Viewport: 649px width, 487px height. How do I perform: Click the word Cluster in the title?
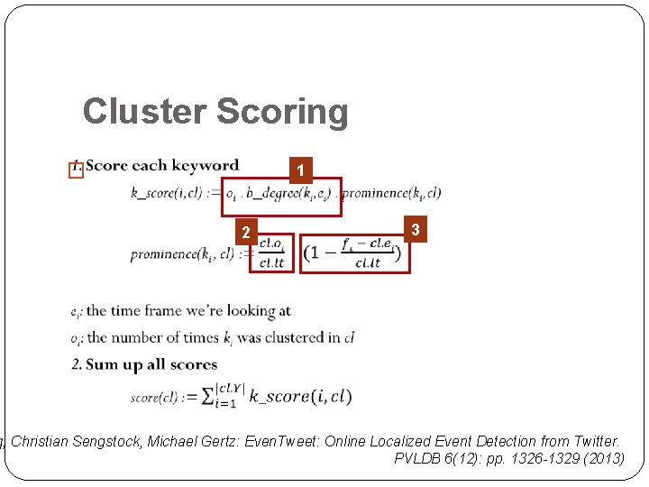pos(143,112)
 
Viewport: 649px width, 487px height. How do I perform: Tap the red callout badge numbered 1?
pos(304,170)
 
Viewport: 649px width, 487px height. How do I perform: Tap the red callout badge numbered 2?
pos(244,233)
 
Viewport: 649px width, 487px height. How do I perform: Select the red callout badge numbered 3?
pos(415,230)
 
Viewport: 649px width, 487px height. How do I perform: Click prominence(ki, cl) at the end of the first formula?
pos(391,193)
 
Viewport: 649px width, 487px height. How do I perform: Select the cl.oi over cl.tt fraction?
pos(271,253)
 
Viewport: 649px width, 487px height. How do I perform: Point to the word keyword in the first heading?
pos(209,166)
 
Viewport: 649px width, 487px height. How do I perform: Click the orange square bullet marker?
pos(76,170)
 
